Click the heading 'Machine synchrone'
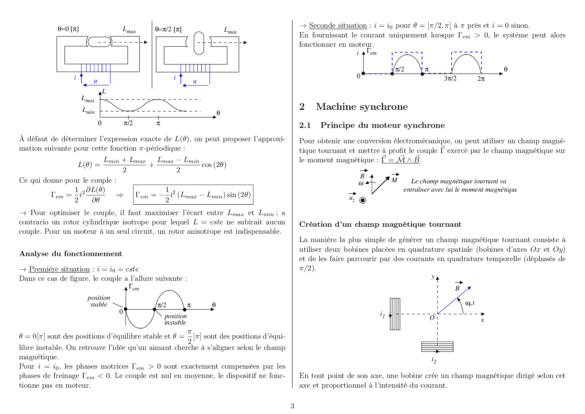point(362,107)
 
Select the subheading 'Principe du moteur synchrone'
point(383,126)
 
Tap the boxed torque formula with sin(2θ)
point(193,195)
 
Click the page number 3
point(292,406)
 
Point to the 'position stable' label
point(99,301)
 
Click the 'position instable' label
point(175,319)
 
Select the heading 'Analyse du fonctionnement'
point(71,254)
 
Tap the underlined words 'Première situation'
point(59,269)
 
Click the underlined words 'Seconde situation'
point(338,26)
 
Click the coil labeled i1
point(395,314)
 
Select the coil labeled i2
point(437,347)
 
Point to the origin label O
point(432,318)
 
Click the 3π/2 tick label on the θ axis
point(450,78)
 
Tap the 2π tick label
point(481,79)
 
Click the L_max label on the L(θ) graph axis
point(88,99)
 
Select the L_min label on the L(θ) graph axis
point(89,111)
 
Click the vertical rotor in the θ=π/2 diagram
point(199,43)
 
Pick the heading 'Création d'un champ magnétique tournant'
point(380,224)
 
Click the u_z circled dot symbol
point(363,200)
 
